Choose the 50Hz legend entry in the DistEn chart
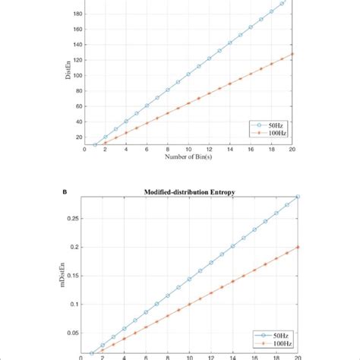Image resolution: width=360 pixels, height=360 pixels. (x=273, y=123)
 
